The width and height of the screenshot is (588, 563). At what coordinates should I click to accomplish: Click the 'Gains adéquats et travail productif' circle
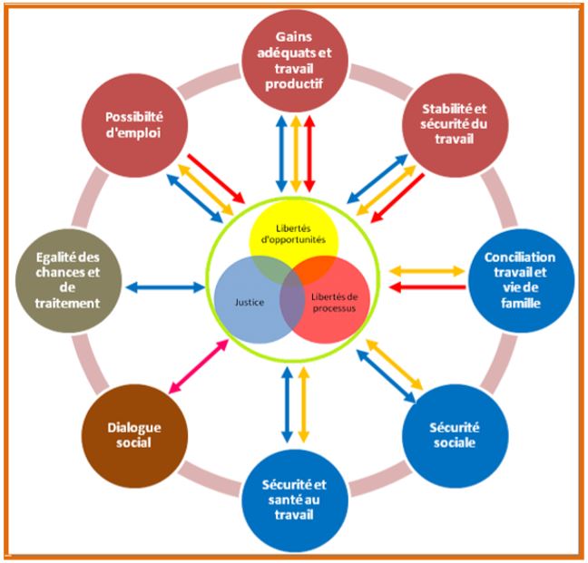pos(294,63)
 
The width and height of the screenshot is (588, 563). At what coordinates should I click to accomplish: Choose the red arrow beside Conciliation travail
pos(426,287)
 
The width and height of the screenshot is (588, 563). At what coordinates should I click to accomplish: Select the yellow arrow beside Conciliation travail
pos(426,270)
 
